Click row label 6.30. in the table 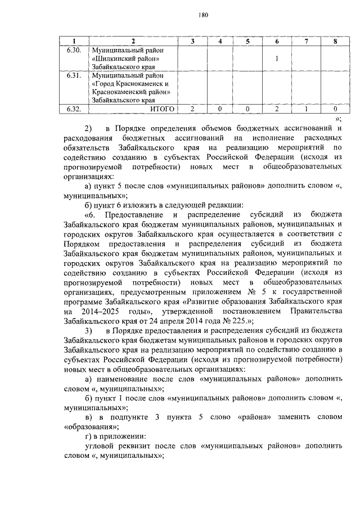pyautogui.click(x=74, y=50)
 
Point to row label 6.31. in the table pyautogui.click(x=74, y=75)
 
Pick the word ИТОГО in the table pyautogui.click(x=163, y=108)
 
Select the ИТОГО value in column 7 pyautogui.click(x=306, y=108)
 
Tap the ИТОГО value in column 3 pyautogui.click(x=192, y=108)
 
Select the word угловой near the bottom pyautogui.click(x=97, y=447)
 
